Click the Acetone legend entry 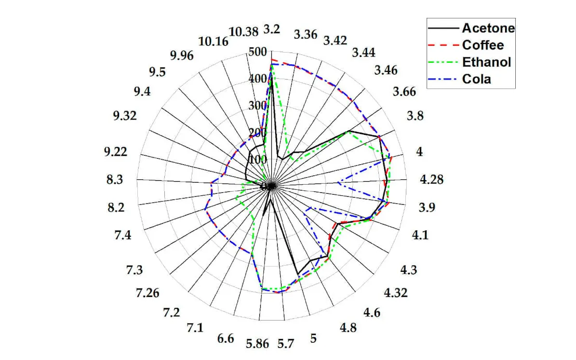[488, 28]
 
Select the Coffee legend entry [482, 45]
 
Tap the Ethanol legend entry [486, 62]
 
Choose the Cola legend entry [476, 79]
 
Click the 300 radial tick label [257, 106]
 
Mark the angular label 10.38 [243, 32]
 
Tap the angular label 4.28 [431, 180]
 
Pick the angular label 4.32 [396, 292]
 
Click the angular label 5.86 [258, 344]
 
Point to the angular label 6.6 [226, 338]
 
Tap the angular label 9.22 [116, 152]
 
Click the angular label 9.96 [181, 55]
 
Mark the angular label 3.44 [364, 52]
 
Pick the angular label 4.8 [348, 328]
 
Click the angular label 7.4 [123, 236]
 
